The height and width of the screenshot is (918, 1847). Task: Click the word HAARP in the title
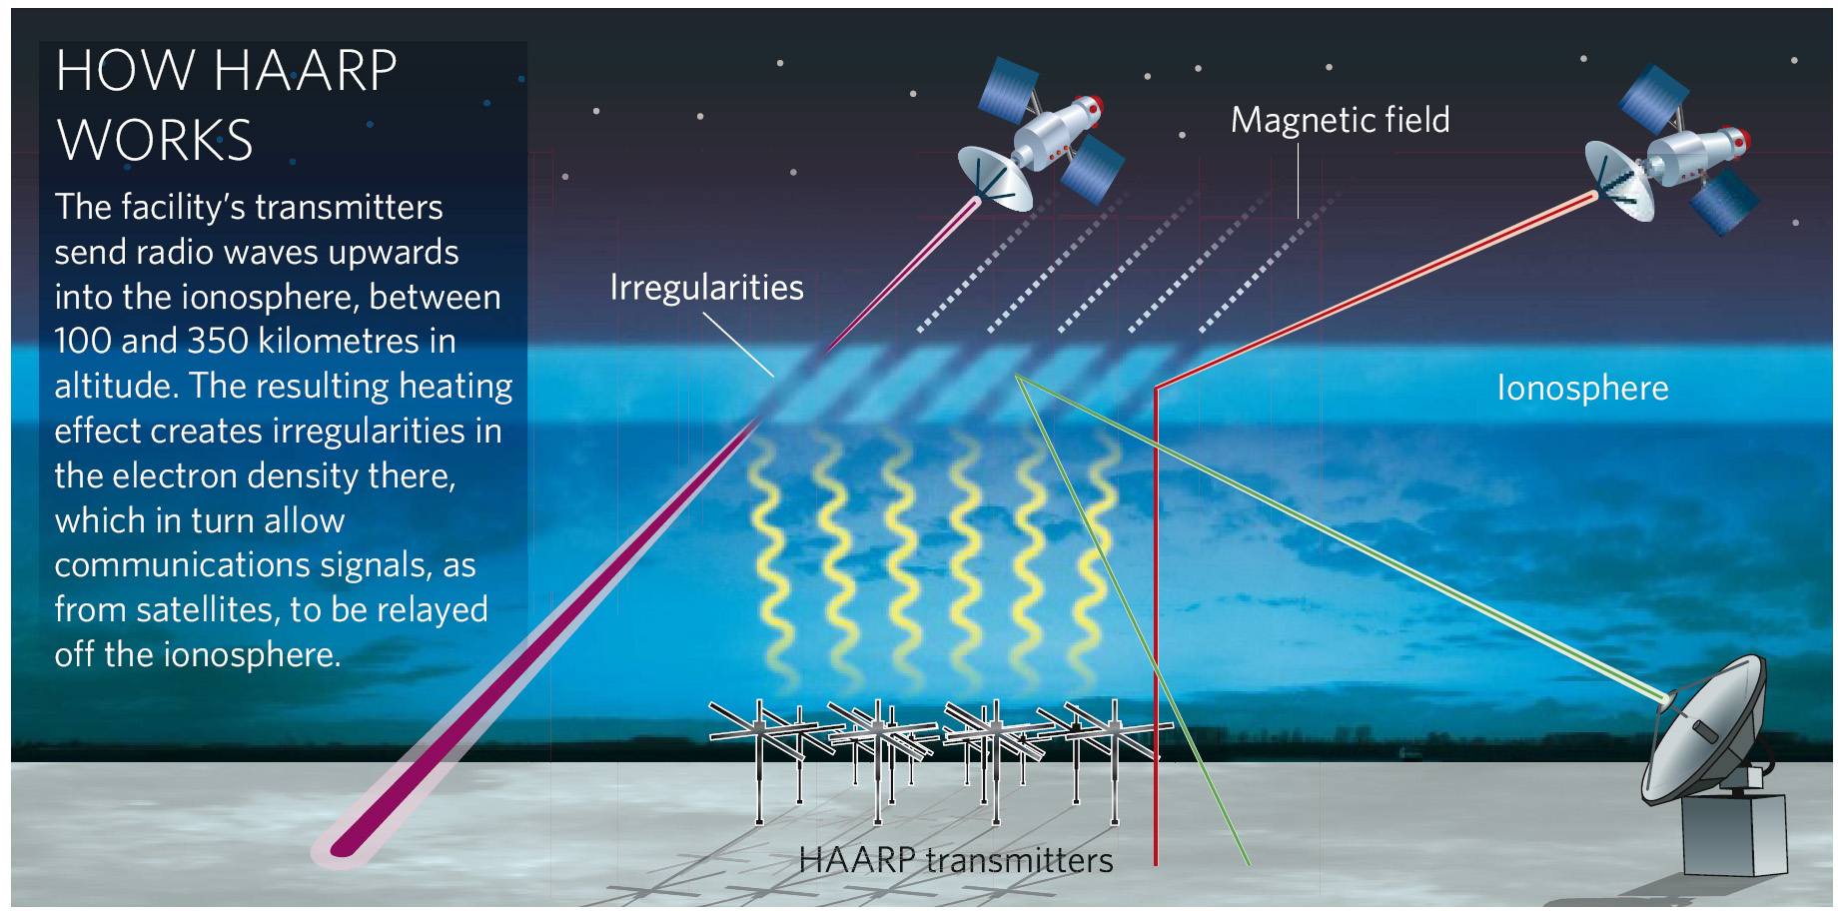(305, 71)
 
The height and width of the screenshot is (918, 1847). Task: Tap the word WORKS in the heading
(155, 140)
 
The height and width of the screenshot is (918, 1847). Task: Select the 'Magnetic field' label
(1340, 120)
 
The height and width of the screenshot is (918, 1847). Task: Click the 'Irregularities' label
(706, 288)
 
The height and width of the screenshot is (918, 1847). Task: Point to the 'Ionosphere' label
(1582, 388)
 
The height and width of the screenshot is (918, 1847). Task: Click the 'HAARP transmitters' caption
(956, 860)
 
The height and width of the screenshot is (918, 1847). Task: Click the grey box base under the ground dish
(1734, 835)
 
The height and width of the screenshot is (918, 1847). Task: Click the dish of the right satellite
(1619, 181)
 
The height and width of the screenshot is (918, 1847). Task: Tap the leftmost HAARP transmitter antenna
(764, 759)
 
